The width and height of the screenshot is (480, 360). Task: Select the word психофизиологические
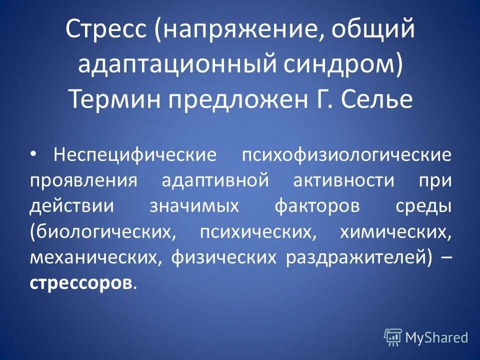click(346, 154)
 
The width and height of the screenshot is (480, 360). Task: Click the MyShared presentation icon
click(393, 337)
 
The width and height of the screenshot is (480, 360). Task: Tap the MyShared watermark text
click(436, 338)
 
